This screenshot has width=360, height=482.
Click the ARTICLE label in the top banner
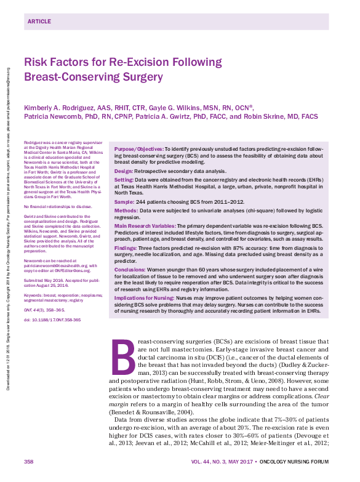coord(39,21)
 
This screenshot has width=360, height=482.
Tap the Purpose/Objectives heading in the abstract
coord(138,149)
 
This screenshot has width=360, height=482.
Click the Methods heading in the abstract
coord(126,210)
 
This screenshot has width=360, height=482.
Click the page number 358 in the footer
coord(29,462)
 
